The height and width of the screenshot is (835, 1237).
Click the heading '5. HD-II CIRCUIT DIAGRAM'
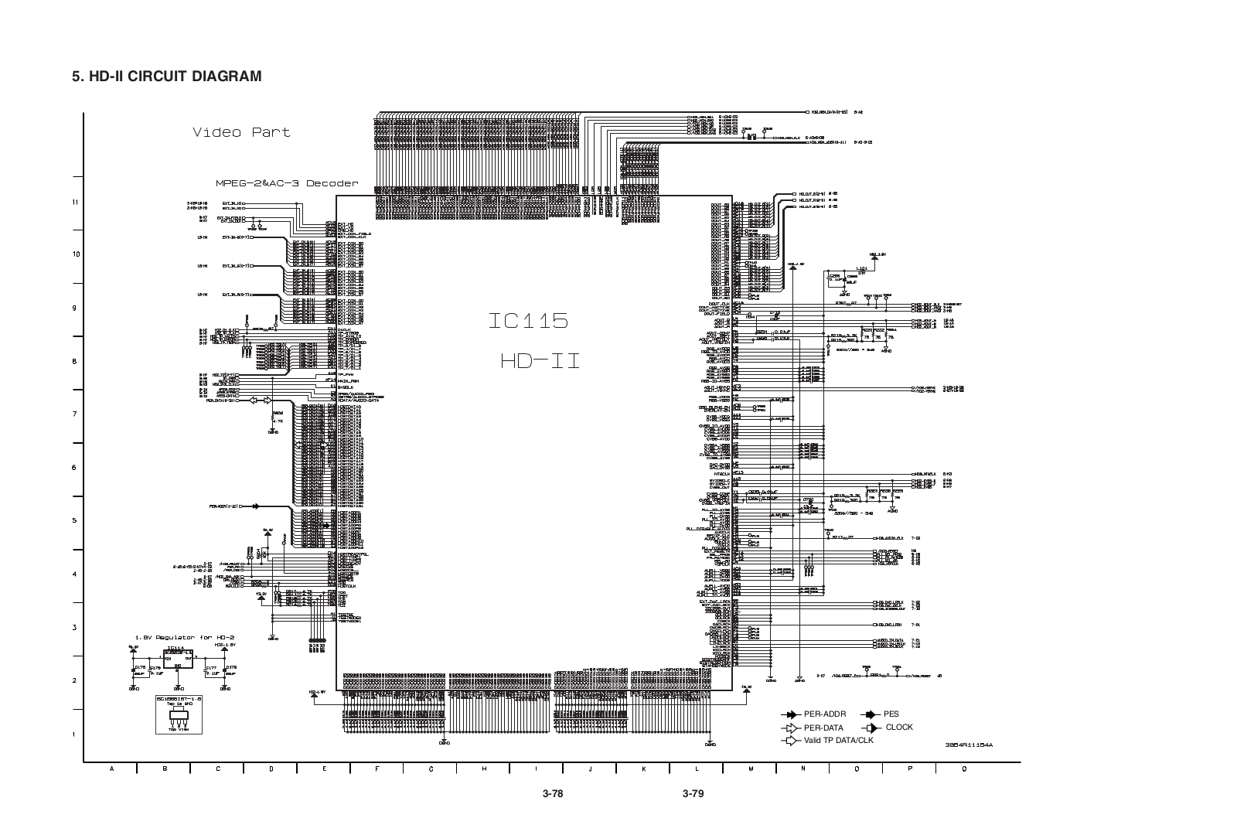[166, 77]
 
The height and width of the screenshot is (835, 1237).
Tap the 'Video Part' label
[241, 132]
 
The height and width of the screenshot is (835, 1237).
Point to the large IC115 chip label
[529, 320]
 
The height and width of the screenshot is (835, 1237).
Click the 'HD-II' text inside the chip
[539, 360]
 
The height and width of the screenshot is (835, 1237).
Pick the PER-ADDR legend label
[825, 714]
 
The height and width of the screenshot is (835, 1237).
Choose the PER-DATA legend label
[823, 728]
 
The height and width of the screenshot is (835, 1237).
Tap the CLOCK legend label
[899, 728]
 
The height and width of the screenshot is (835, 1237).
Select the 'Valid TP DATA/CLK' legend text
[837, 741]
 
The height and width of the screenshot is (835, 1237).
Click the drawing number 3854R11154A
[968, 745]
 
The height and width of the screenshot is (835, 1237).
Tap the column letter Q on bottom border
[963, 769]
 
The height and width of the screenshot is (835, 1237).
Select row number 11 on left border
[75, 203]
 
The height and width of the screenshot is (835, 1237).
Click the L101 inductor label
[863, 268]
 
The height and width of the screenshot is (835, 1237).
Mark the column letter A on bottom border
[112, 769]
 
